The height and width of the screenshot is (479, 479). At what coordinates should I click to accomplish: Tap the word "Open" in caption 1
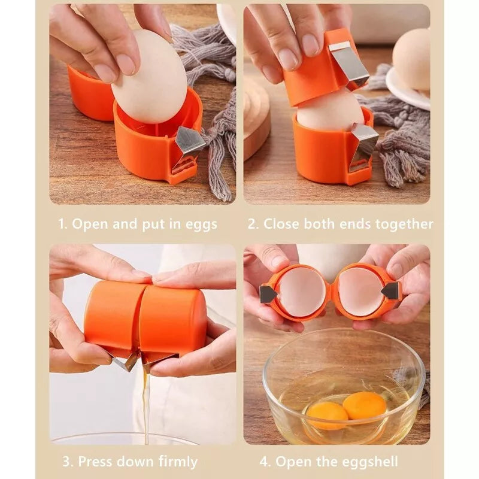pyautogui.click(x=89, y=224)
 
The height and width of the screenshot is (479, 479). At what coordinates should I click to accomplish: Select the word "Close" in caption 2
pyautogui.click(x=281, y=224)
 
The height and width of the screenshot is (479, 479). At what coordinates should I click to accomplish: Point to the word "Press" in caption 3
pyautogui.click(x=95, y=461)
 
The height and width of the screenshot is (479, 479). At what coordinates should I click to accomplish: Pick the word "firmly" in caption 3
pyautogui.click(x=177, y=462)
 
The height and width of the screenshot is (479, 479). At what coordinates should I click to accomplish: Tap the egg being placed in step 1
pyautogui.click(x=149, y=77)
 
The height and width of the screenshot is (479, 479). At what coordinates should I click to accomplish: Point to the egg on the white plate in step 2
pyautogui.click(x=411, y=59)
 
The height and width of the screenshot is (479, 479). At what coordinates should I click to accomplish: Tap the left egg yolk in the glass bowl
pyautogui.click(x=327, y=416)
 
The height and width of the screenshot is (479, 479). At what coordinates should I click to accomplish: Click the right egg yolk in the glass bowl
pyautogui.click(x=365, y=406)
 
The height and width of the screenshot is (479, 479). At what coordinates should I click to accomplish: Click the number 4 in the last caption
pyautogui.click(x=263, y=461)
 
